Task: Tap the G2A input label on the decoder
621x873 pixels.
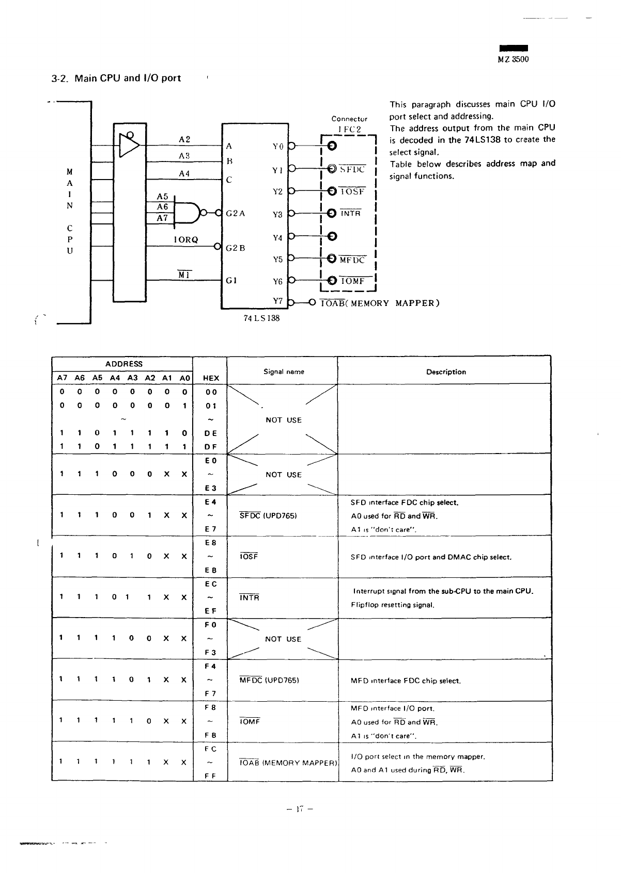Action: tap(236, 213)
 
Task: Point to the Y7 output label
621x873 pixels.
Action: tap(277, 301)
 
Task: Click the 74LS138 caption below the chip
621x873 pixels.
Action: tap(261, 318)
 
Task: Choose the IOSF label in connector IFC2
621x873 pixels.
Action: tap(352, 191)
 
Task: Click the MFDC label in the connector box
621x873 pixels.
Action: tap(352, 260)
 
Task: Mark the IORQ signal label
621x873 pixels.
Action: tap(186, 240)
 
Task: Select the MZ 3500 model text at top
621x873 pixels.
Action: tap(513, 59)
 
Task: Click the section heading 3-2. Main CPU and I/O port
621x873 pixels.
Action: tap(116, 78)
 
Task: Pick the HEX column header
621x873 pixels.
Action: tap(211, 378)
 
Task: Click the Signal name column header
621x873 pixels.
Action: tap(284, 372)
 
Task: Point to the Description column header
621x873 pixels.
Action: tap(446, 372)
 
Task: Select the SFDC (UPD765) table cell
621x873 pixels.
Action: tap(268, 515)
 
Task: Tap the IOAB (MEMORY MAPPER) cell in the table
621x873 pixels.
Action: tap(288, 762)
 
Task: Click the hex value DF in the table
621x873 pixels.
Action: tap(211, 447)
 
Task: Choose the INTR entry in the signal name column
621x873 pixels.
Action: tap(250, 597)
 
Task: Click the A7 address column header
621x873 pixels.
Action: tap(62, 378)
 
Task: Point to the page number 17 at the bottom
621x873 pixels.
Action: tap(300, 809)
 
